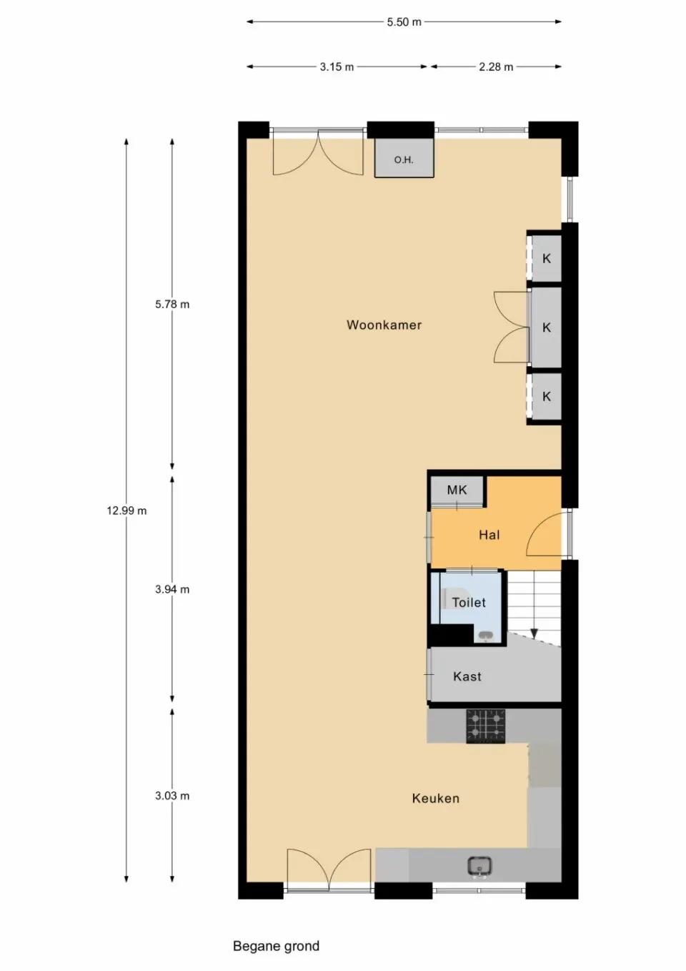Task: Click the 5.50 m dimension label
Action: [x=404, y=22]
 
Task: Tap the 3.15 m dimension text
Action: [x=337, y=66]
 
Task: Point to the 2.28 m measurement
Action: [x=496, y=66]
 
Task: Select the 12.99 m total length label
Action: [x=127, y=511]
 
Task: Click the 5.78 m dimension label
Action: [x=172, y=305]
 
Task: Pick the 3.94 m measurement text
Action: [x=172, y=589]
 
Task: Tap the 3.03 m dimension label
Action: [x=172, y=796]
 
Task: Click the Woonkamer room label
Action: [x=384, y=325]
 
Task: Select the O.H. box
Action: [x=404, y=158]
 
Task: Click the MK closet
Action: [x=457, y=491]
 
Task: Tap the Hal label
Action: [x=489, y=535]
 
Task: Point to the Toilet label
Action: [x=469, y=603]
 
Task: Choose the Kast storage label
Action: [x=467, y=676]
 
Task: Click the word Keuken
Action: [x=436, y=799]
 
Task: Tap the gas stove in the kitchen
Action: [x=485, y=726]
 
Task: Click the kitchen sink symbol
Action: [x=480, y=866]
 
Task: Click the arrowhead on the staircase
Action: [x=535, y=634]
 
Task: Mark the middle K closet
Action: [x=547, y=327]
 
